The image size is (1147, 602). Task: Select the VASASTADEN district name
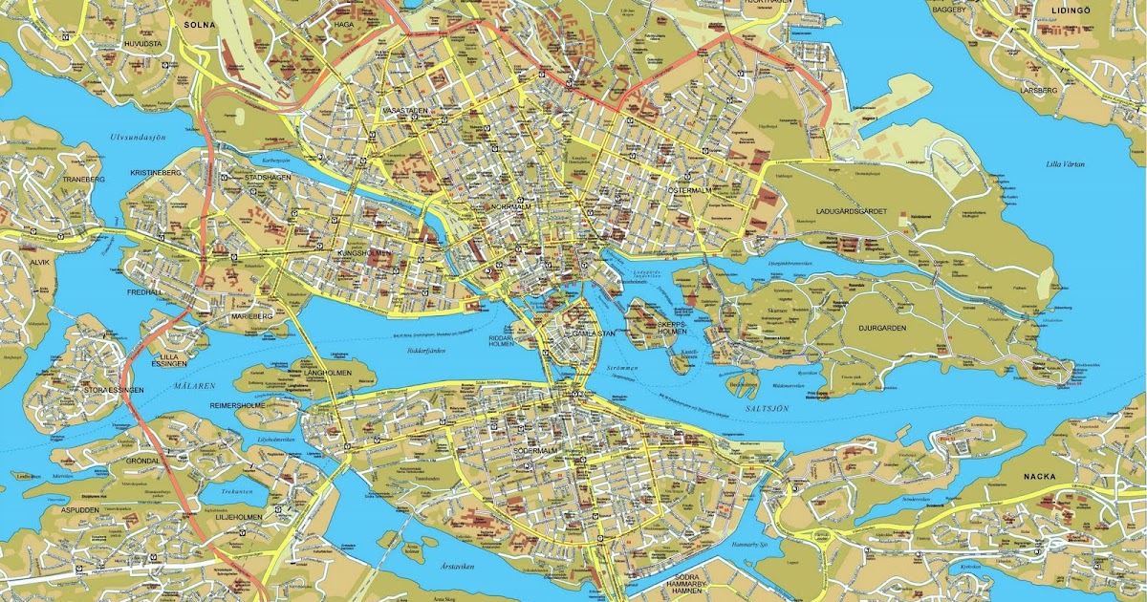pos(405,112)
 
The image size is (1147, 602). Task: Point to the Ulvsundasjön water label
pos(138,138)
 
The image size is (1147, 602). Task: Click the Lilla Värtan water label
pos(1064,164)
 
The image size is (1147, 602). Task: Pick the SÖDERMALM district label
pos(535,449)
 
